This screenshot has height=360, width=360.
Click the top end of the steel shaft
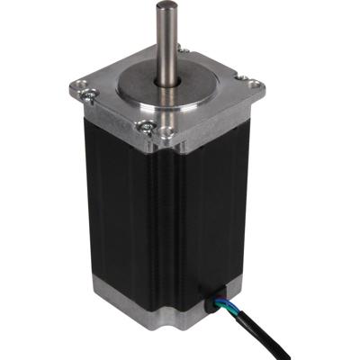click(x=165, y=6)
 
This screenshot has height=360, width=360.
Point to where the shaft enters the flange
click(x=168, y=84)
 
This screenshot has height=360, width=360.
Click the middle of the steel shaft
click(x=166, y=45)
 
